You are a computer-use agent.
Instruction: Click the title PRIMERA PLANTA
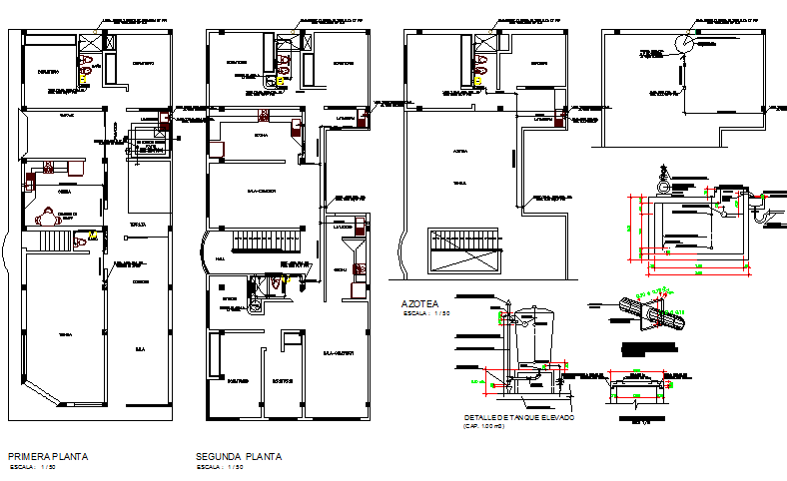coord(48,456)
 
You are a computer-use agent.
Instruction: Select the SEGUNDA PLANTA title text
coord(239,456)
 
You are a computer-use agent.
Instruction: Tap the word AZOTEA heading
coord(419,302)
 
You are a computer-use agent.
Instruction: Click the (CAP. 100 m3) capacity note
coord(484,426)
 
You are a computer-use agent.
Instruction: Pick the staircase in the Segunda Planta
coord(267,242)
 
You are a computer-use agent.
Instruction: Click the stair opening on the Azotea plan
coord(463,248)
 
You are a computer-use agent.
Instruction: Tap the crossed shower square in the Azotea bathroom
coord(484,40)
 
